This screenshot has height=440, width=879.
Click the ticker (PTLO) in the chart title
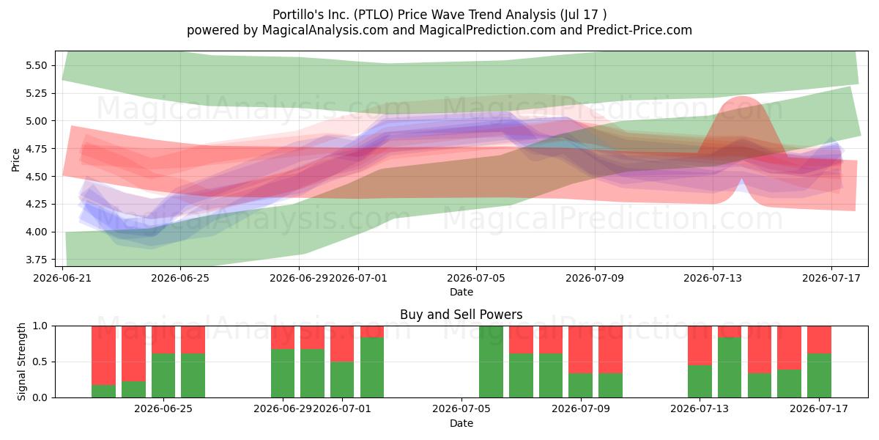pyautogui.click(x=373, y=15)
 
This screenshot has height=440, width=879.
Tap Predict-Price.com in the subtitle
pyautogui.click(x=639, y=30)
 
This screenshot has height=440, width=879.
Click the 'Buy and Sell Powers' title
pyautogui.click(x=461, y=315)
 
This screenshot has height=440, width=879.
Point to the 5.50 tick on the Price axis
pyautogui.click(x=36, y=65)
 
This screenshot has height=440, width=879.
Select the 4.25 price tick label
pyautogui.click(x=36, y=204)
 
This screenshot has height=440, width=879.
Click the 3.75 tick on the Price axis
pyautogui.click(x=36, y=260)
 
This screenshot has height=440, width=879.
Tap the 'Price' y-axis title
pyautogui.click(x=15, y=160)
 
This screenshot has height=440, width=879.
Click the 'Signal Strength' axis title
pyautogui.click(x=21, y=362)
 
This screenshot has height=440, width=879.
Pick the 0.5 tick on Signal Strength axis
pyautogui.click(x=40, y=362)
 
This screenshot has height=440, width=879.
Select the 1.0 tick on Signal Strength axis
pyautogui.click(x=40, y=326)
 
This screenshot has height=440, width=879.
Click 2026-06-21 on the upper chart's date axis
pyautogui.click(x=62, y=278)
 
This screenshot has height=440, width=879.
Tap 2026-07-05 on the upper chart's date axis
pyautogui.click(x=476, y=278)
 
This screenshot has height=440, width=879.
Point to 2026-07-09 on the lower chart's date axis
pyautogui.click(x=581, y=409)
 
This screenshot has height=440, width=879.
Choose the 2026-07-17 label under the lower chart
pyautogui.click(x=819, y=409)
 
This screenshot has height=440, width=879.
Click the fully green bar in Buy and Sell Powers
pyautogui.click(x=491, y=362)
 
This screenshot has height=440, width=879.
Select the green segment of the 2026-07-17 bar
pyautogui.click(x=819, y=375)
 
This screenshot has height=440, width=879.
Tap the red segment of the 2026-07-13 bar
pyautogui.click(x=700, y=345)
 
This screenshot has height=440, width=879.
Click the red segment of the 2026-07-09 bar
pyautogui.click(x=580, y=350)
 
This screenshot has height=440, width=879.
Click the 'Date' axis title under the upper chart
pyautogui.click(x=461, y=293)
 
